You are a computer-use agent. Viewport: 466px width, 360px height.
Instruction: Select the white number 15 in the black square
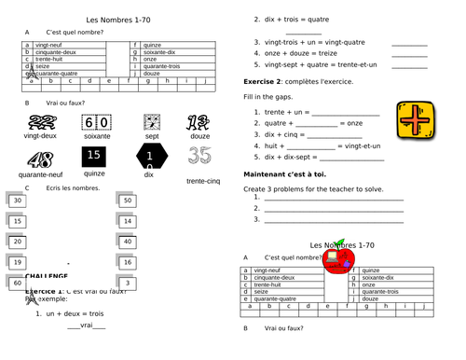(94, 156)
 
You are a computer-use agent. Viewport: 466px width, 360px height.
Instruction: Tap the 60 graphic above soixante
(97, 123)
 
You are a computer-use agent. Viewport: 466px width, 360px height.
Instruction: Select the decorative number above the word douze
(197, 122)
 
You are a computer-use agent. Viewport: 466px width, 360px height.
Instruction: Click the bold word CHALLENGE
(46, 277)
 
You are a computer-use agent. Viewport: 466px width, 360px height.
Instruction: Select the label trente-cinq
(204, 181)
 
